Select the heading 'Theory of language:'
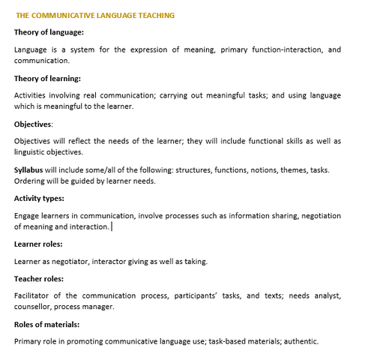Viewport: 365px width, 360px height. click(x=49, y=32)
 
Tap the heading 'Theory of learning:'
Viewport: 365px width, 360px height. click(x=47, y=78)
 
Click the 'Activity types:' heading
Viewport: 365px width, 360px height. click(x=39, y=198)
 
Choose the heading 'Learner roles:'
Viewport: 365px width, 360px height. click(x=38, y=244)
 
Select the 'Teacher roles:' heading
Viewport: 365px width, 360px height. click(x=39, y=278)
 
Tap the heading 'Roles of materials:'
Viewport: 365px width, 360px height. click(x=46, y=324)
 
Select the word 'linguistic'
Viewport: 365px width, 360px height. click(x=31, y=152)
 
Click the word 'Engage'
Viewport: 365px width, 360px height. click(x=27, y=215)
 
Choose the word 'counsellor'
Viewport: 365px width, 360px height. click(x=35, y=307)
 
